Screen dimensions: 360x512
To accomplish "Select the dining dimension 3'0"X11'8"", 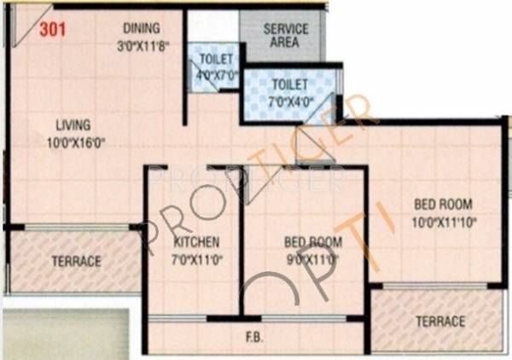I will point(141,43).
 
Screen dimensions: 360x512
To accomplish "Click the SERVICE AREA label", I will point(286,35).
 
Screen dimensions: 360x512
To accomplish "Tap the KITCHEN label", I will point(195,241).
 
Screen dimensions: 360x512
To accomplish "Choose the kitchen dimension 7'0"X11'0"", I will point(195,257).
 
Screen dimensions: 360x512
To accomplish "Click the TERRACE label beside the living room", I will point(76,260).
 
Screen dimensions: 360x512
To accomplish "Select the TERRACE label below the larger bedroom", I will point(439,321).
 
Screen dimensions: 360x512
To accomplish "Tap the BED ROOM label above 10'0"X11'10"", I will point(443,205).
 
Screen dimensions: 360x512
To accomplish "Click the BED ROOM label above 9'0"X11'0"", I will point(311,241).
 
